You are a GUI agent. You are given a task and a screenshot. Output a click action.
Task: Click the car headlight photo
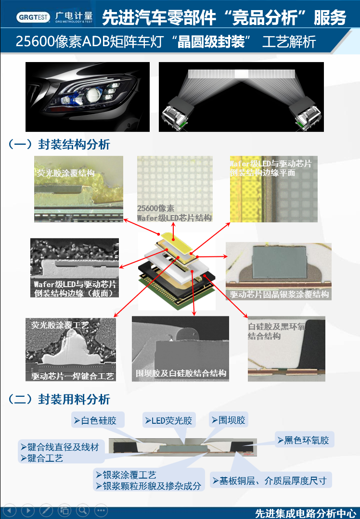(x=88, y=96)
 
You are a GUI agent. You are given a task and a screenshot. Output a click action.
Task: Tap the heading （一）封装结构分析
(x=60, y=144)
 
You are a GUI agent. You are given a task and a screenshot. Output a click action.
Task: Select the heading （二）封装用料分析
(x=60, y=399)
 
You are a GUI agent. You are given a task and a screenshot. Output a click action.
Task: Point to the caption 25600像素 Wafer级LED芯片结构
(x=174, y=213)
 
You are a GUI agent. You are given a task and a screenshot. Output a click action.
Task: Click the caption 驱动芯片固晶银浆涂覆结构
(x=279, y=294)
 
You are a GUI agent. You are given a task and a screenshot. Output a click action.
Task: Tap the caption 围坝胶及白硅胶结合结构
(x=181, y=373)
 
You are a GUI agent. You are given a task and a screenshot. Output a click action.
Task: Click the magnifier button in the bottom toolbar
(x=83, y=510)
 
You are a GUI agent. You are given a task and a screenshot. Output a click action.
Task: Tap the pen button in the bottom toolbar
(x=46, y=510)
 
